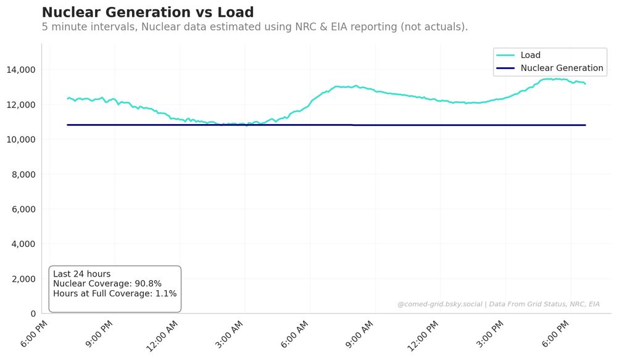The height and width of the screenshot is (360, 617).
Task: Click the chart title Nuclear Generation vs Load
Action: coord(147,12)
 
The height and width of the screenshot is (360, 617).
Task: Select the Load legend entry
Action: coord(530,55)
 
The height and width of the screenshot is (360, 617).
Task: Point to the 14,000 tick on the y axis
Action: coord(20,70)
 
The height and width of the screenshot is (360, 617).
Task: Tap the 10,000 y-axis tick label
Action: coord(20,140)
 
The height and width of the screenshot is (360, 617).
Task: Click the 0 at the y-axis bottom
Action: coord(33,314)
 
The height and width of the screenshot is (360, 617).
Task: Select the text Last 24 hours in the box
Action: coord(81,274)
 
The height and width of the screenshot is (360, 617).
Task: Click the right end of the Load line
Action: coord(585,83)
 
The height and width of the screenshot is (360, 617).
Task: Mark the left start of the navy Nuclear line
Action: coord(68,125)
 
